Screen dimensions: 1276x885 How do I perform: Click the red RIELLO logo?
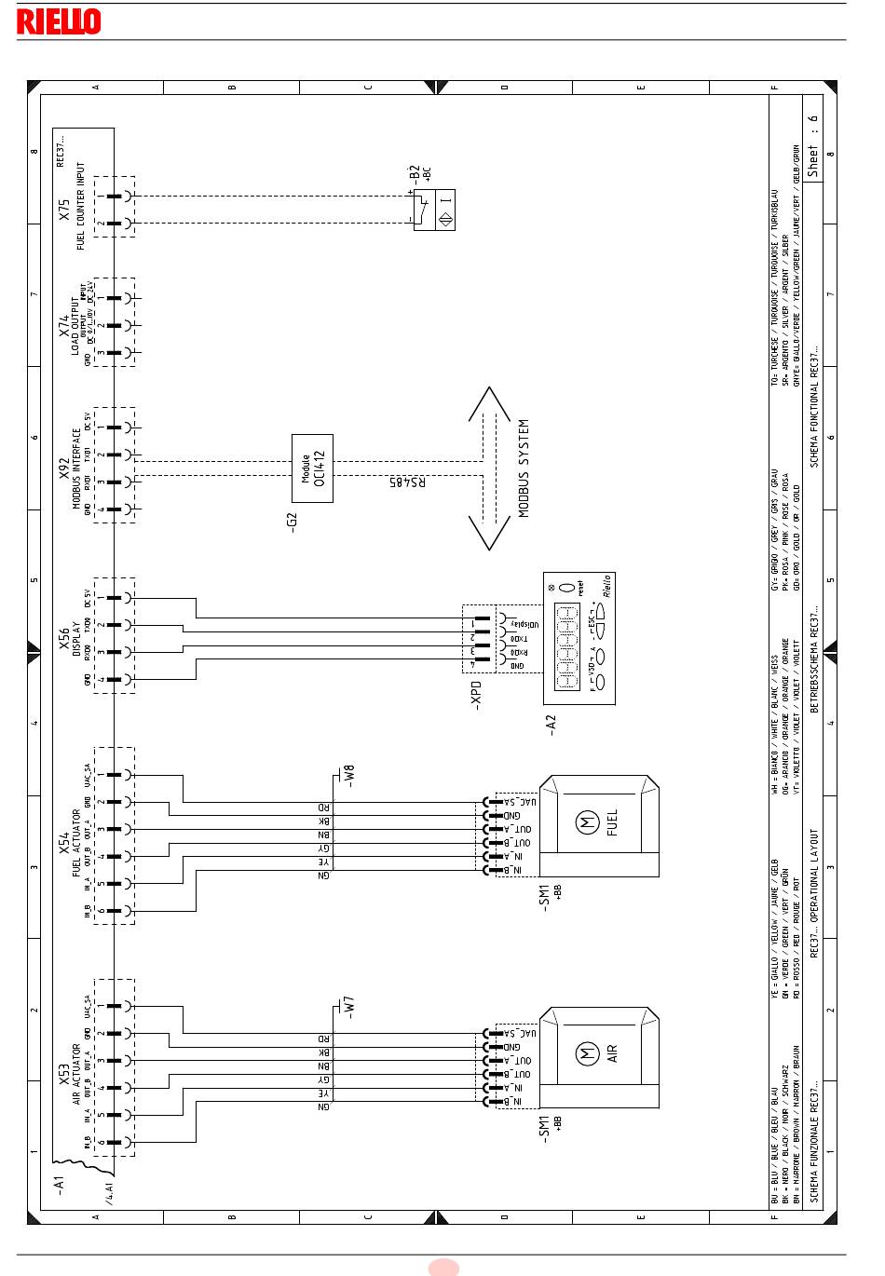click(58, 21)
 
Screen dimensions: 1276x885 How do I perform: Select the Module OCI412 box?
click(312, 468)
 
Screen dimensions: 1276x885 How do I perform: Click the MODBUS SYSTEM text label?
click(524, 468)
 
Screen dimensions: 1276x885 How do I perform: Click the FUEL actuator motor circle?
click(587, 824)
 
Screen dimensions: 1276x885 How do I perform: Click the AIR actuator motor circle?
click(587, 1054)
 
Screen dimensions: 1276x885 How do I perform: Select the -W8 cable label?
click(349, 775)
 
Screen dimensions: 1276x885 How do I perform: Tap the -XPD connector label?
click(476, 695)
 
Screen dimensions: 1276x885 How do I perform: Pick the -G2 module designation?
click(292, 521)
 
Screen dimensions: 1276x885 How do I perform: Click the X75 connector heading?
click(64, 210)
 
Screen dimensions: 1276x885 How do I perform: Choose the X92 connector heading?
click(64, 468)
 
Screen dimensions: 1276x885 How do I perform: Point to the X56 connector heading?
click(64, 638)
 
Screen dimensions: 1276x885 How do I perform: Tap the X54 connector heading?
click(64, 843)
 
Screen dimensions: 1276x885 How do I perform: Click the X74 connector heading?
click(64, 324)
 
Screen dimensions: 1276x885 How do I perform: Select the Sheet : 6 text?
click(812, 146)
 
